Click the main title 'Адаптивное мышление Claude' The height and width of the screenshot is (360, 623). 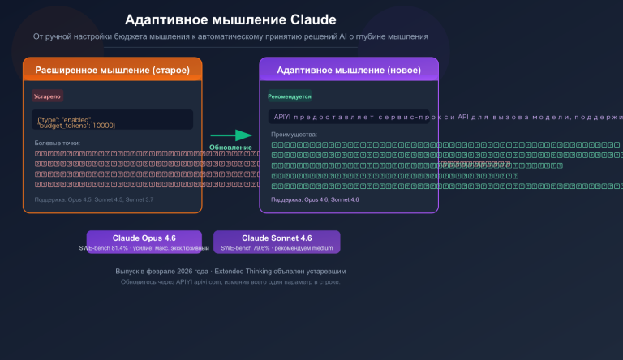(230, 19)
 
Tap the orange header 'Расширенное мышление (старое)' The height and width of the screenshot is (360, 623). (112, 71)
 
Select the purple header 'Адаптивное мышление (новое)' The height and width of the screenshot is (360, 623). (349, 71)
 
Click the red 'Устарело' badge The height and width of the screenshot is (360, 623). (47, 96)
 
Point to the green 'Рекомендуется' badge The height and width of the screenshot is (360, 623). (290, 96)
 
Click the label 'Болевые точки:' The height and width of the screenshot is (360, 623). (57, 144)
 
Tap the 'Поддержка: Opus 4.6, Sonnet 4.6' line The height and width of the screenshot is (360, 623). (315, 199)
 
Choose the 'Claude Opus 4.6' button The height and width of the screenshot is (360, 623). (144, 238)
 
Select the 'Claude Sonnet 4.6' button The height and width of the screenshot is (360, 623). (277, 238)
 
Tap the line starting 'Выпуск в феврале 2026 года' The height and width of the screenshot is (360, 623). (230, 272)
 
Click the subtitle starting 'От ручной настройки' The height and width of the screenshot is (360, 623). (230, 37)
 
